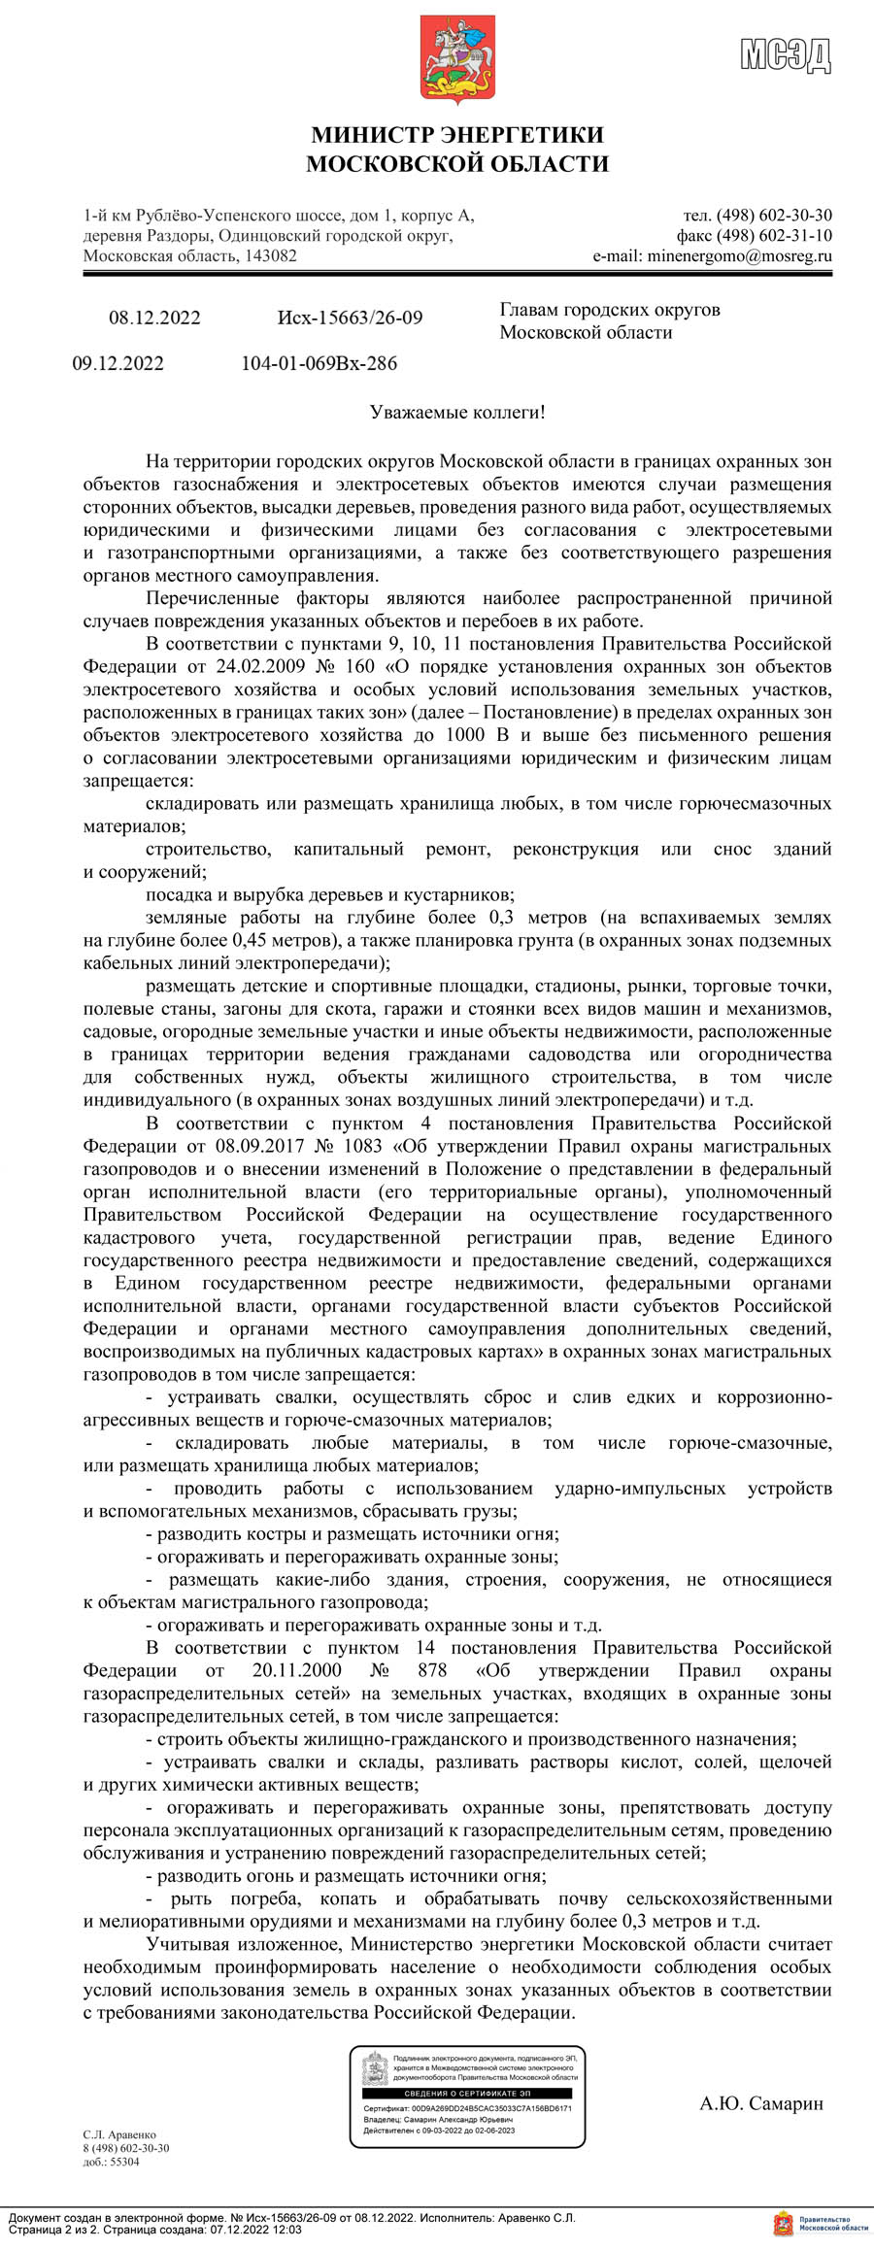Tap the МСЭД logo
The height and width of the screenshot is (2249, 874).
tap(786, 55)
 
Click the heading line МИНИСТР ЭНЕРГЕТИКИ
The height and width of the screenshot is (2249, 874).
tap(456, 135)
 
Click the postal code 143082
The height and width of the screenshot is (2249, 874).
tap(271, 256)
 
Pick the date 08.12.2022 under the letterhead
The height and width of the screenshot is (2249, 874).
tap(154, 319)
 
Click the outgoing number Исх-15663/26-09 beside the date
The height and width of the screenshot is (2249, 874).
tap(350, 319)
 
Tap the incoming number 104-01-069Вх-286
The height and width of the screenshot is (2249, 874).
tap(319, 364)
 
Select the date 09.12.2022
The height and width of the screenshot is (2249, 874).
tap(118, 364)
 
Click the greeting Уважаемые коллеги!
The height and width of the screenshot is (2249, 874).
tap(457, 414)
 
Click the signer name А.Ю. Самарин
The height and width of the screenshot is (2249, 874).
tap(761, 2103)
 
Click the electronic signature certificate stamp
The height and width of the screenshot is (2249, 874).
tap(467, 2096)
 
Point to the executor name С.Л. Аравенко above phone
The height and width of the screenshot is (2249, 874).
tap(118, 2134)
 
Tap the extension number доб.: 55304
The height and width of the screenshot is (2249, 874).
tap(111, 2162)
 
